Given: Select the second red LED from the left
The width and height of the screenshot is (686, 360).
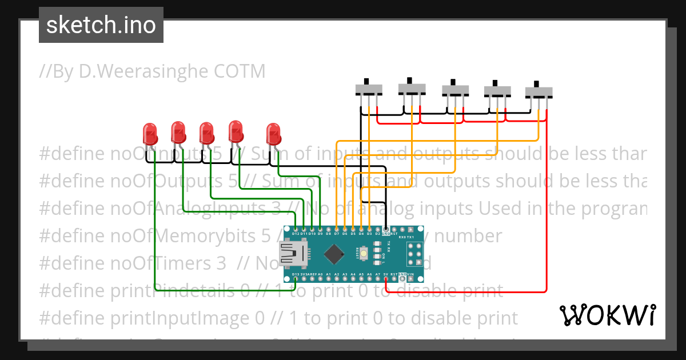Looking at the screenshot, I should [x=178, y=131].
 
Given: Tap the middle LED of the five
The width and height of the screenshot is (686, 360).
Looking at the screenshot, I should [x=207, y=134].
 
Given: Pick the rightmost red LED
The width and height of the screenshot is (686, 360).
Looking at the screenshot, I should [x=274, y=134].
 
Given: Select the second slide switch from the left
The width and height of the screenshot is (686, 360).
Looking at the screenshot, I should [x=412, y=88].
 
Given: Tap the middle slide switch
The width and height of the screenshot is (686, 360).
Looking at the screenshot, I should [x=455, y=90].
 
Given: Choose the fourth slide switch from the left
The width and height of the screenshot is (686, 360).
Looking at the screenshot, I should [x=497, y=90].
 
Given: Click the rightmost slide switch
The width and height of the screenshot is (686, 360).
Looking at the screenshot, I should [x=539, y=91].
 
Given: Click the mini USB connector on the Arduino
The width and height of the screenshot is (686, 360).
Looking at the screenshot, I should [x=293, y=254].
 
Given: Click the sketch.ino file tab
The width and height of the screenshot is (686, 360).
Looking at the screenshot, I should [x=101, y=25].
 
